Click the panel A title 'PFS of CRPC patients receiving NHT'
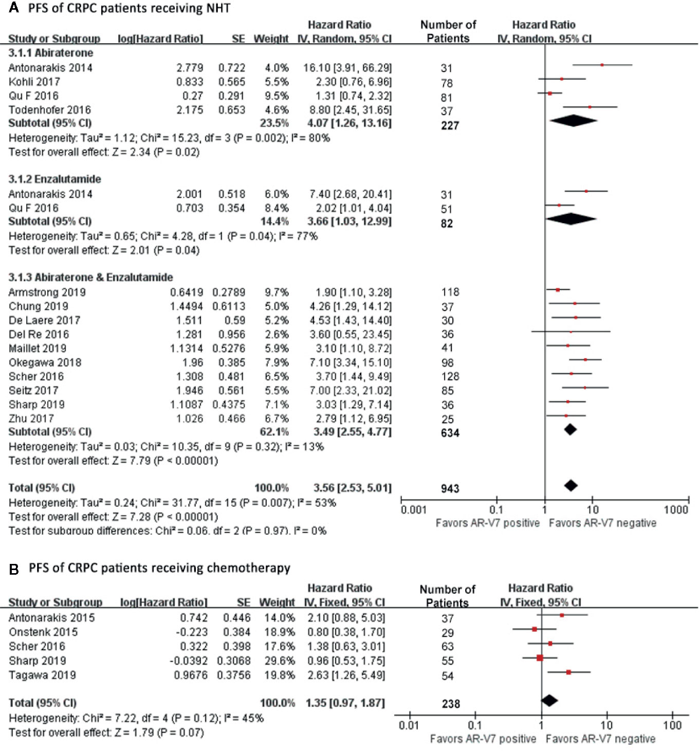click(x=129, y=8)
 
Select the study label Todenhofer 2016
click(x=49, y=110)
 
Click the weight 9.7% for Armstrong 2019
click(x=277, y=292)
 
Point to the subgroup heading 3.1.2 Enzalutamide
click(x=54, y=179)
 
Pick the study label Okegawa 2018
click(x=45, y=363)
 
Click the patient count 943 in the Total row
click(x=450, y=488)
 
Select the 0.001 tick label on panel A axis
click(x=414, y=510)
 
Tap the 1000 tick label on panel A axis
click(x=675, y=510)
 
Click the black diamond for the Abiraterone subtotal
click(x=573, y=121)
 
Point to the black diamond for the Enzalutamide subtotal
click(x=571, y=219)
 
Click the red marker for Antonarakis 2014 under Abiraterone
click(x=602, y=65)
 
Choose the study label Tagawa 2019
click(x=42, y=675)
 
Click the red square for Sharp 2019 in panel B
click(x=540, y=658)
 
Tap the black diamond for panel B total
click(x=549, y=700)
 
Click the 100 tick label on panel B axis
click(x=672, y=725)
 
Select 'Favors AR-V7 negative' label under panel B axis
click(x=600, y=739)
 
